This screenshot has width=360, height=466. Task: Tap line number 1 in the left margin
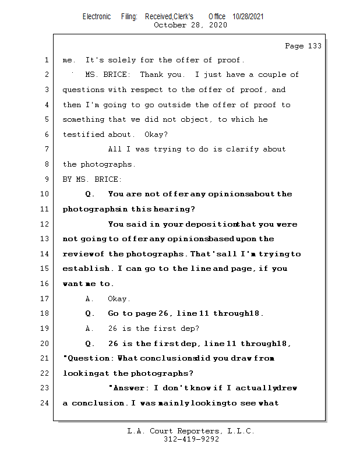(x=46, y=60)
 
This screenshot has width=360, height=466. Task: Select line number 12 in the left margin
(x=45, y=224)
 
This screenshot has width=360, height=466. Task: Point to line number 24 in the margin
(x=45, y=403)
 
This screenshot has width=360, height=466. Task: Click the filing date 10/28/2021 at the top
(x=248, y=17)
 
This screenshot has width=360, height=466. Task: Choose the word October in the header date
(x=170, y=25)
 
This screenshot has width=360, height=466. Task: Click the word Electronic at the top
(x=97, y=17)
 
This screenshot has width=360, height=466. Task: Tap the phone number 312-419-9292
(x=192, y=439)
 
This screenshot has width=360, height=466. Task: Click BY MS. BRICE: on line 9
(x=93, y=179)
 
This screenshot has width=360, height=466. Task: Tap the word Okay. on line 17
(x=119, y=299)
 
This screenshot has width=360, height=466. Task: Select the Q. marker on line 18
(x=90, y=313)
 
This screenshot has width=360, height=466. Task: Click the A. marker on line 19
(x=90, y=329)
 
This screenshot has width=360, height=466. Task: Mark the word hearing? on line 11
(x=174, y=209)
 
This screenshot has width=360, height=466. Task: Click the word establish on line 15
(x=87, y=269)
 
